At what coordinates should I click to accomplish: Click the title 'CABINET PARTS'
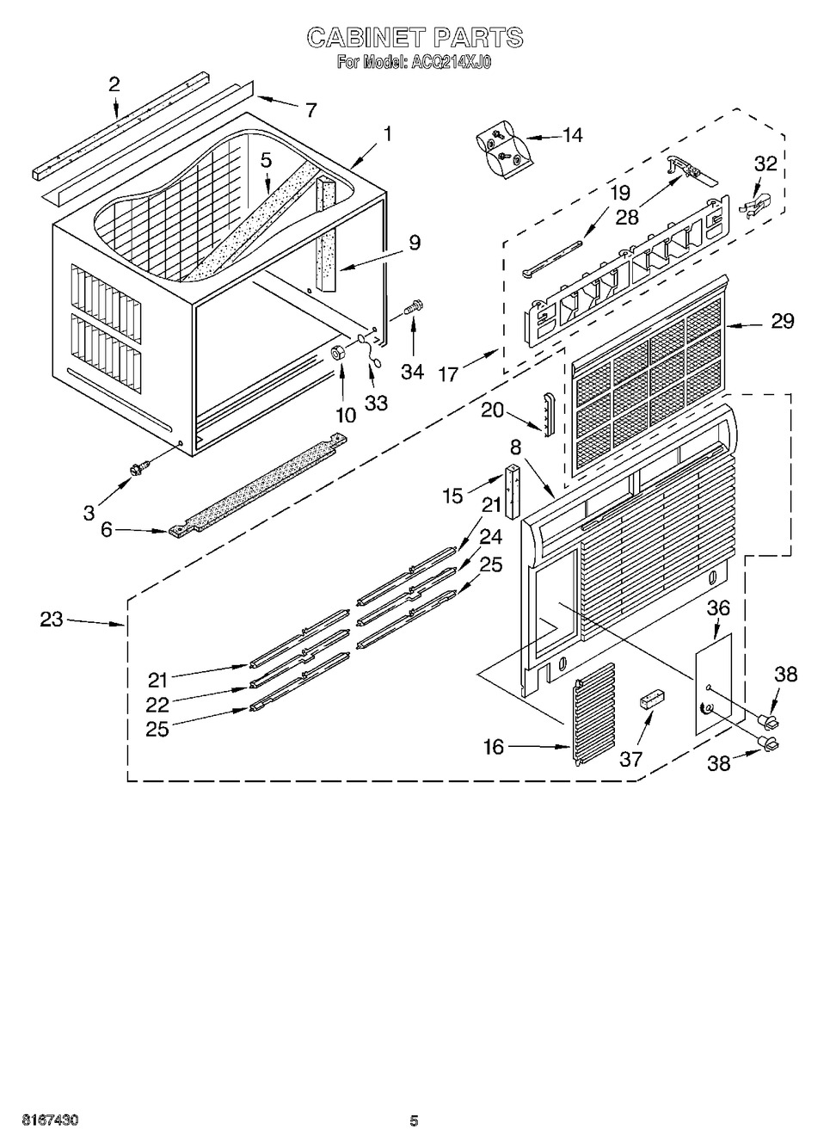coord(415,37)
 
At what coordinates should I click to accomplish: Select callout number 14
coord(573,135)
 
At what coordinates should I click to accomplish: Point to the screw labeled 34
coord(411,310)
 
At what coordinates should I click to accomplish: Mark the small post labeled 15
coord(513,491)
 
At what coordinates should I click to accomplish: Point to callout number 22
coord(157,705)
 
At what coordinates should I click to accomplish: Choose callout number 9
coord(414,243)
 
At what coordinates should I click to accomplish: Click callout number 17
coord(449,375)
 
